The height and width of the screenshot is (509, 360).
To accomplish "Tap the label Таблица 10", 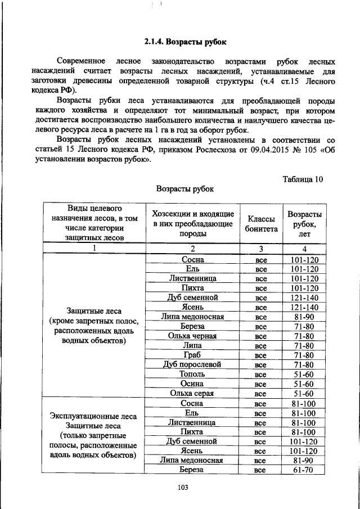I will pos(302,179).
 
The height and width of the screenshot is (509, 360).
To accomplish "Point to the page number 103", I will pos(181,488).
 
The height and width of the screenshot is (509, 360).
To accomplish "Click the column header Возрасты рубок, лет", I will pos(304,224).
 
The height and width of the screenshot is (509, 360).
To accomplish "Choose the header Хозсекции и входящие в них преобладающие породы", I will pos(192,224).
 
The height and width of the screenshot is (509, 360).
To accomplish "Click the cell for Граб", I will pos(192,355).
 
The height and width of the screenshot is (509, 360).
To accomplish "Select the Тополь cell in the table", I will pos(192,374).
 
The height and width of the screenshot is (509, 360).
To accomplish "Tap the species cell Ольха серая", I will pos(192,393).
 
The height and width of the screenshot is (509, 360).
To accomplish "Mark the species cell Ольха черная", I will pos(192,336).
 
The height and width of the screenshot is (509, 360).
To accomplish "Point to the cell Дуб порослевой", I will pos(192,364).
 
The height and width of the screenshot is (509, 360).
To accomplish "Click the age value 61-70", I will pos(304,470).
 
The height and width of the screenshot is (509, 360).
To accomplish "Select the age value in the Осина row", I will pos(304,384).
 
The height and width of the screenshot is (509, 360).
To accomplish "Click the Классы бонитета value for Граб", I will pos(260,355).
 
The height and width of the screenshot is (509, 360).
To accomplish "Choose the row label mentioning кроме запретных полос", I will pos(93,325).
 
